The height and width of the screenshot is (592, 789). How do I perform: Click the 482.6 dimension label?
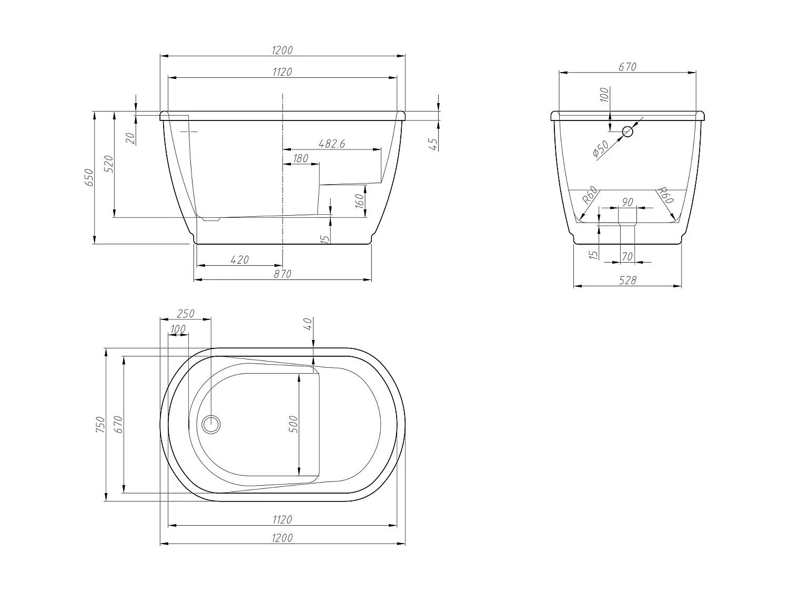pos(331,144)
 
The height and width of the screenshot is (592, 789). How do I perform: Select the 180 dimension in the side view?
pos(300,158)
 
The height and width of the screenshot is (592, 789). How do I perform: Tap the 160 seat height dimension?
pos(360,201)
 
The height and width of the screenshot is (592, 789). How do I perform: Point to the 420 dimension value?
pos(239,259)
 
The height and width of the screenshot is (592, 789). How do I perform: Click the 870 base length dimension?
pos(282,274)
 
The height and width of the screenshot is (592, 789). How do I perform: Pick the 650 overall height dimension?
pos(89,178)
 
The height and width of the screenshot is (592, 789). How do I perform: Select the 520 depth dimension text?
pos(108,164)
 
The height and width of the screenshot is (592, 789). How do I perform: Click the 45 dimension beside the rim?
pos(434,144)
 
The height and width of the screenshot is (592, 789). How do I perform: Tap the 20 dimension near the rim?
pos(131,138)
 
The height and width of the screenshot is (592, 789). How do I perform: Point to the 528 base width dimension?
pos(628,280)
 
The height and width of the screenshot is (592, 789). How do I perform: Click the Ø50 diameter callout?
pos(600,149)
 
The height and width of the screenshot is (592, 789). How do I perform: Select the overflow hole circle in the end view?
pos(628,132)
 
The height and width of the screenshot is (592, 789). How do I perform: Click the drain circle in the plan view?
pos(212,424)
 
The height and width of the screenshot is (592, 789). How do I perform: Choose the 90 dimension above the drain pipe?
pos(628,202)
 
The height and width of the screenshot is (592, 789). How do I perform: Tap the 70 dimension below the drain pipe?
pos(628,257)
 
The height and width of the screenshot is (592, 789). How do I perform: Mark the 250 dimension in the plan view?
pos(185,314)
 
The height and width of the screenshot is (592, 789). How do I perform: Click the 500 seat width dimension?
pos(294,424)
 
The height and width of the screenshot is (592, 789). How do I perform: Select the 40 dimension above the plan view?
pos(308,324)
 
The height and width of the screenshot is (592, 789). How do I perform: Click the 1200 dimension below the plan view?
pos(282,538)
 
